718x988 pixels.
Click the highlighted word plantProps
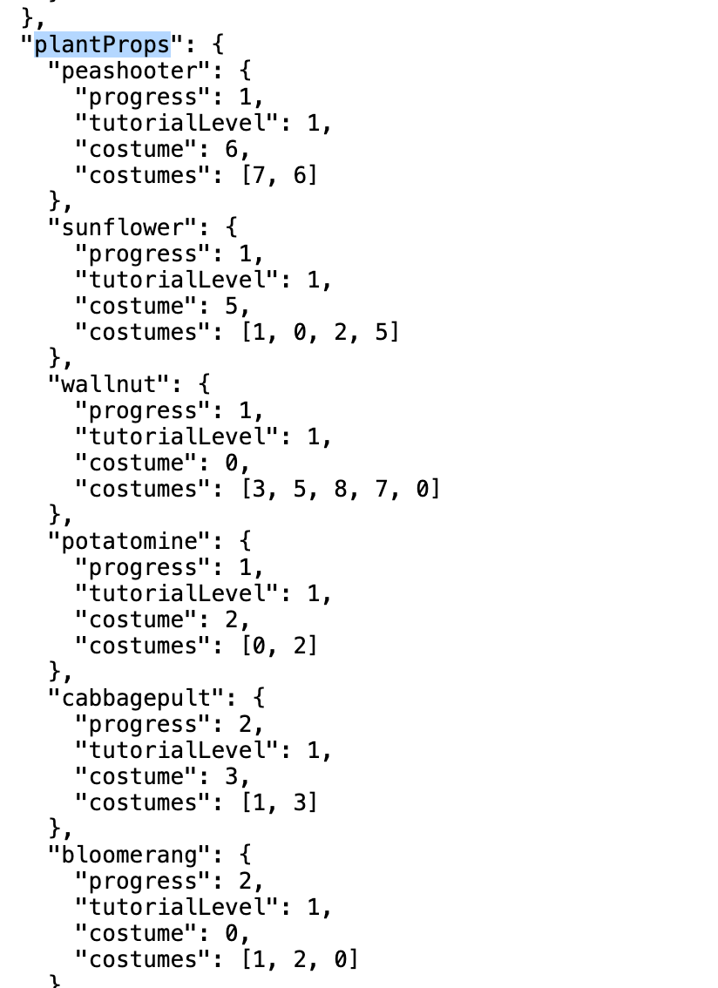[102, 44]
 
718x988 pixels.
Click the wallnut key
[108, 384]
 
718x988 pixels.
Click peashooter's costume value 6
[232, 149]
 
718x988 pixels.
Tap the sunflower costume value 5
[232, 306]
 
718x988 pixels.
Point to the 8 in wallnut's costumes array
[341, 489]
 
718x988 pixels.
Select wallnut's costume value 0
[232, 464]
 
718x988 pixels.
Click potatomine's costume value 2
[232, 620]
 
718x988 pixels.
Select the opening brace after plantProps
[218, 44]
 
